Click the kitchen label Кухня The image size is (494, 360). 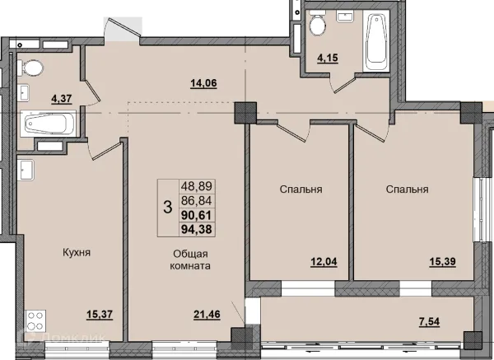pos(77,253)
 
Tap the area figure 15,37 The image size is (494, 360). pos(100,315)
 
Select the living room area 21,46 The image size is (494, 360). pos(207,315)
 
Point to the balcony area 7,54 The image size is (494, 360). pos(430,322)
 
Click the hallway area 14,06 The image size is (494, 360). pos(203,83)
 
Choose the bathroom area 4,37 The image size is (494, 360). pos(62,99)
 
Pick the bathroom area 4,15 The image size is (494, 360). pos(328,58)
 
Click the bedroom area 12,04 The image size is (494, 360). pos(324,262)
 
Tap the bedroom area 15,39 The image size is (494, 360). pos(443,262)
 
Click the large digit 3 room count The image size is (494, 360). pos(168,208)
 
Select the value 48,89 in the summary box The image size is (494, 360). pos(196,186)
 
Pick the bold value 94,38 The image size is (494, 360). pos(196,229)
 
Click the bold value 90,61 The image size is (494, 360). pos(196,215)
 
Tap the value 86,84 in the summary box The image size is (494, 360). pos(196,200)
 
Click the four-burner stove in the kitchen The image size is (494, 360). pos(35,320)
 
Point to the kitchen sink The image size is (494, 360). pos(26,170)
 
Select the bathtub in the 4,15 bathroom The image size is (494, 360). pos(376,40)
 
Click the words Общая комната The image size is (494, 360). pos(190,259)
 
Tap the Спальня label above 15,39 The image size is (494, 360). pos(407,189)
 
